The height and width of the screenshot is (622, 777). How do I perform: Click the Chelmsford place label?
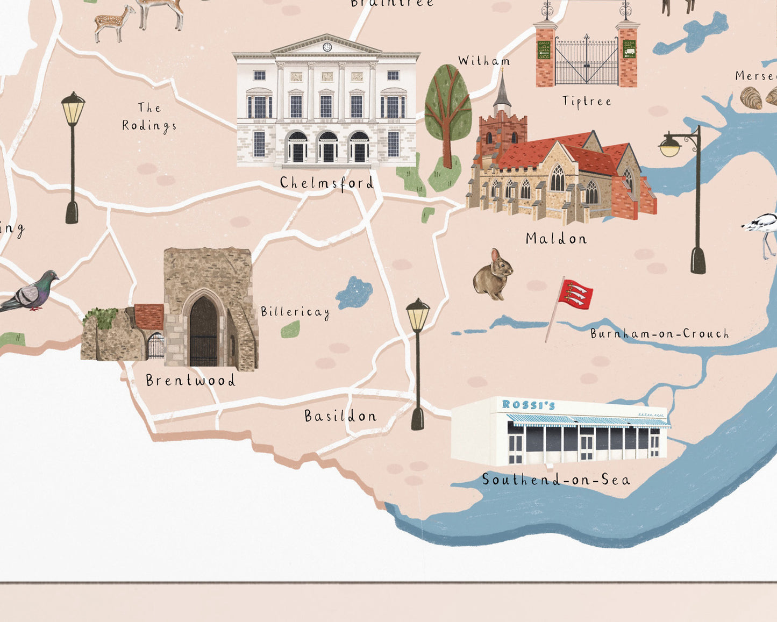point(326,183)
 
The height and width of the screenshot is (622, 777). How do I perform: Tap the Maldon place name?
point(556,238)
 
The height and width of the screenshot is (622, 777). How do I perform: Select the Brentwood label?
point(190,381)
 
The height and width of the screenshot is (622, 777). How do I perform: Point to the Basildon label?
point(340,416)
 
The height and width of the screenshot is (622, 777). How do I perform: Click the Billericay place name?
point(295,311)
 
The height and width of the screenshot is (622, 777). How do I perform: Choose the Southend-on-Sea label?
point(556,480)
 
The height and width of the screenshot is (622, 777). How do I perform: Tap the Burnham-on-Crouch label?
point(659,333)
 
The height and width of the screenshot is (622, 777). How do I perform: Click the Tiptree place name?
point(587,101)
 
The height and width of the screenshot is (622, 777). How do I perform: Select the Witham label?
point(484,61)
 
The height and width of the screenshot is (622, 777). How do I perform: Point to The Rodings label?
point(149,117)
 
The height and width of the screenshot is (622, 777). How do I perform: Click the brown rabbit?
point(493,274)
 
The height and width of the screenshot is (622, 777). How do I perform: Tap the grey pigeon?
point(32,291)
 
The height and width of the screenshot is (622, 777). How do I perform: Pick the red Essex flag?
point(575,294)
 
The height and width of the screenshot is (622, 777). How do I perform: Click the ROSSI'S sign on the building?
point(528,405)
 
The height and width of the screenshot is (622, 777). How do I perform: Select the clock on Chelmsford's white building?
point(327,47)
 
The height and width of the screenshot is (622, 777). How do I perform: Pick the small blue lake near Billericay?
point(355,292)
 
